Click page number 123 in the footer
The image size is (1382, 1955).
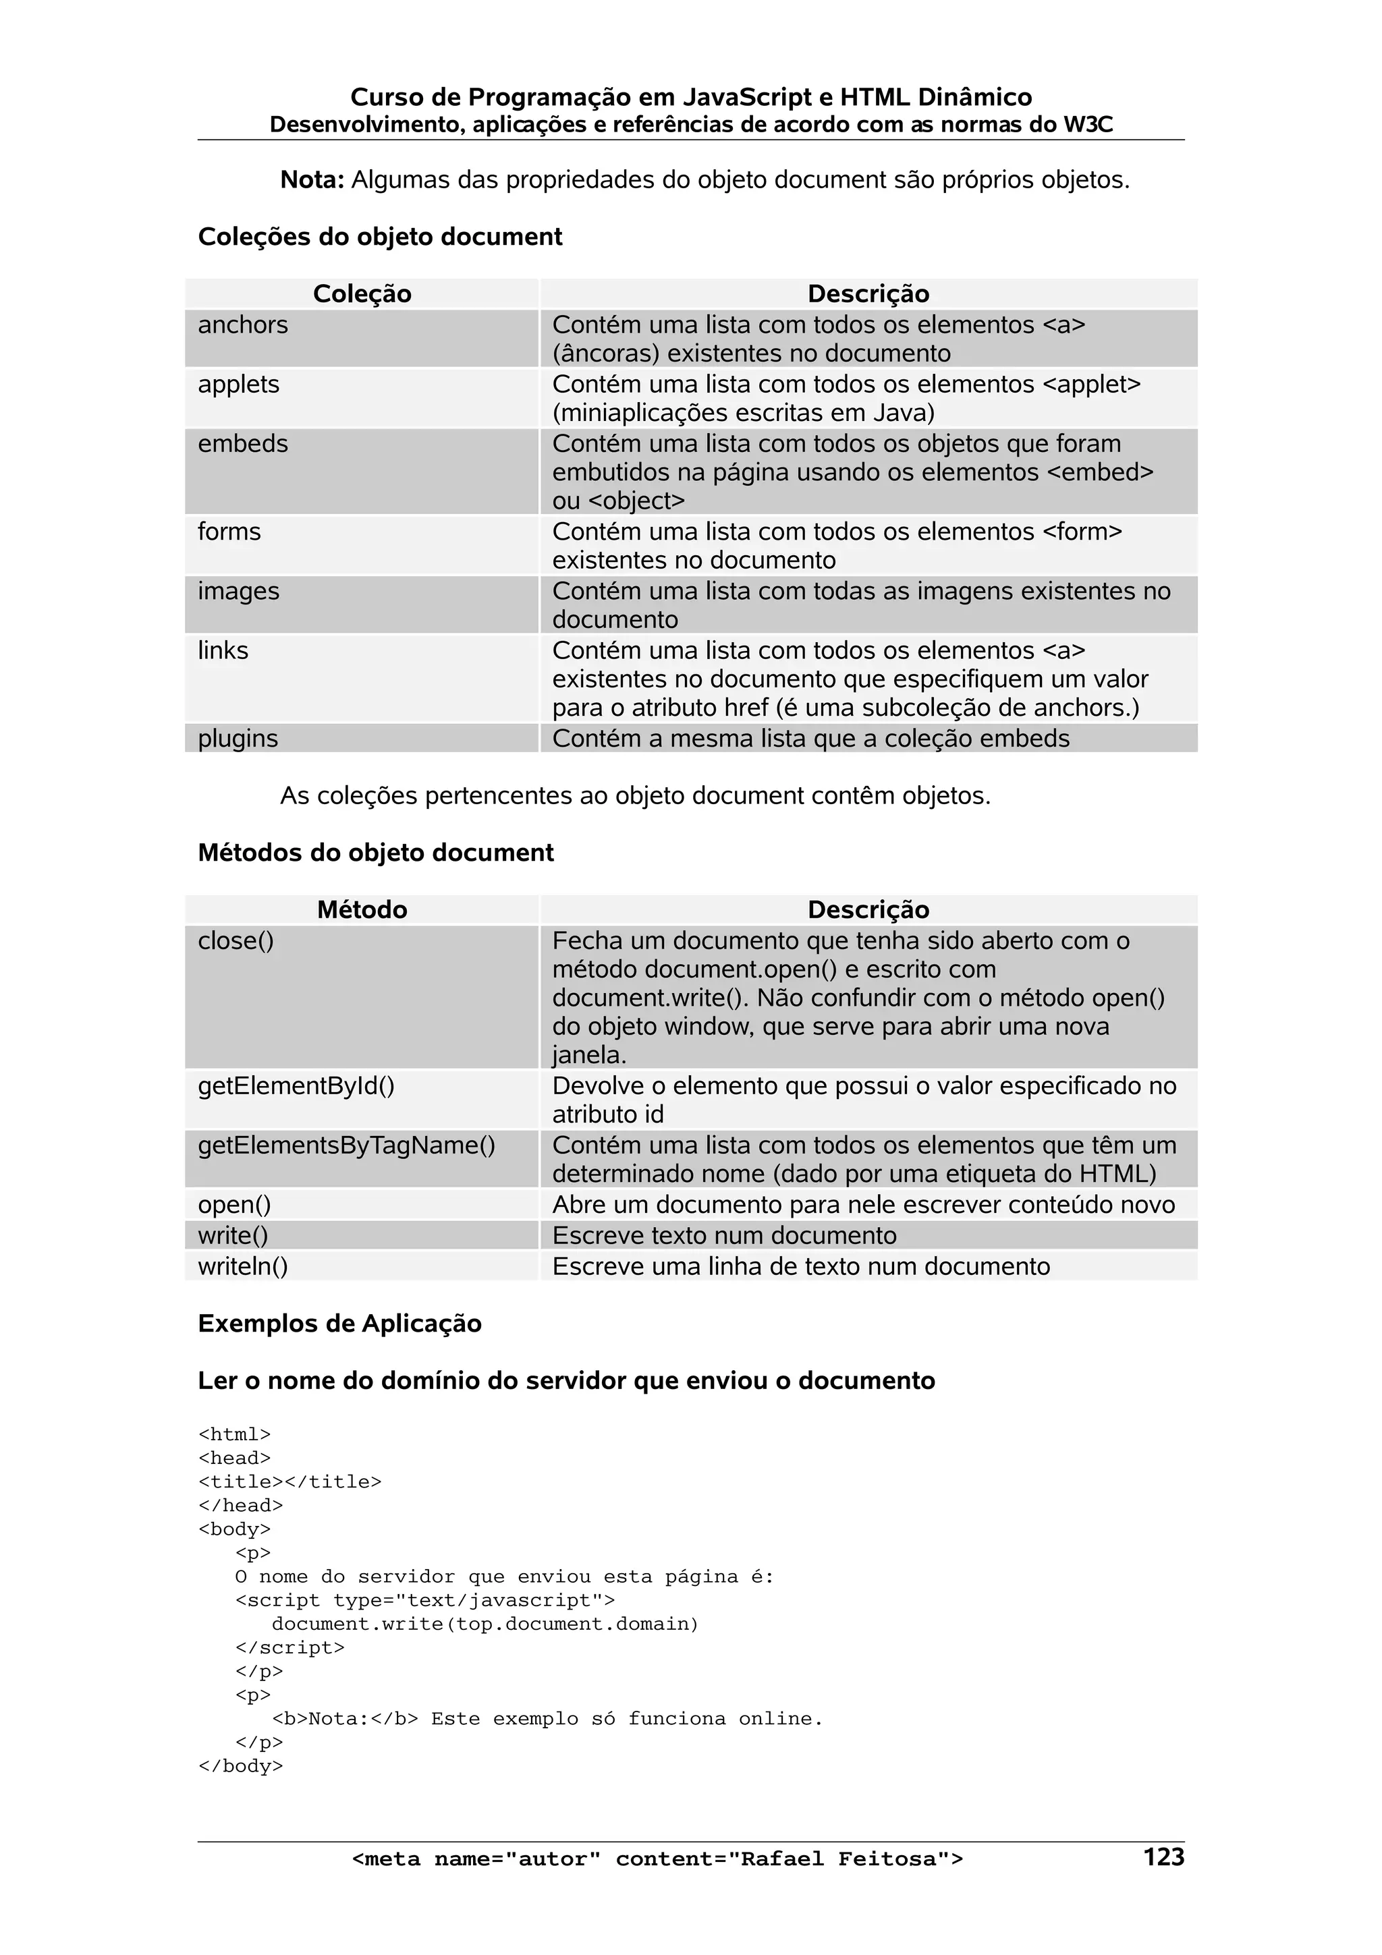coord(1163,1857)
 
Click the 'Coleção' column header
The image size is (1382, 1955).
coord(362,293)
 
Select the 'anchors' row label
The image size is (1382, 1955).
coord(243,324)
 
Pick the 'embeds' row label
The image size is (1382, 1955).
coord(243,444)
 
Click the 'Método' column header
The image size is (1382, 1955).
coord(362,909)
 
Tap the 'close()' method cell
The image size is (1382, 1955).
coord(236,941)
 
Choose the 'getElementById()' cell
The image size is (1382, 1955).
coord(296,1087)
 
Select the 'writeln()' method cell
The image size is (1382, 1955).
coord(243,1266)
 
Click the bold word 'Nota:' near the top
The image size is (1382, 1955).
coord(312,181)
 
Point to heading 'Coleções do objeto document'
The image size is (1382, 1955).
coord(380,237)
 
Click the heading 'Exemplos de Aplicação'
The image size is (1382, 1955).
coord(339,1324)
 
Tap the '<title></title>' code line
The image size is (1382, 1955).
coord(289,1481)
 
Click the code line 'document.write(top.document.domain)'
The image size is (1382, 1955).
coord(485,1624)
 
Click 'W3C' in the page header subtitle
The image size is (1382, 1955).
coord(1088,125)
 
